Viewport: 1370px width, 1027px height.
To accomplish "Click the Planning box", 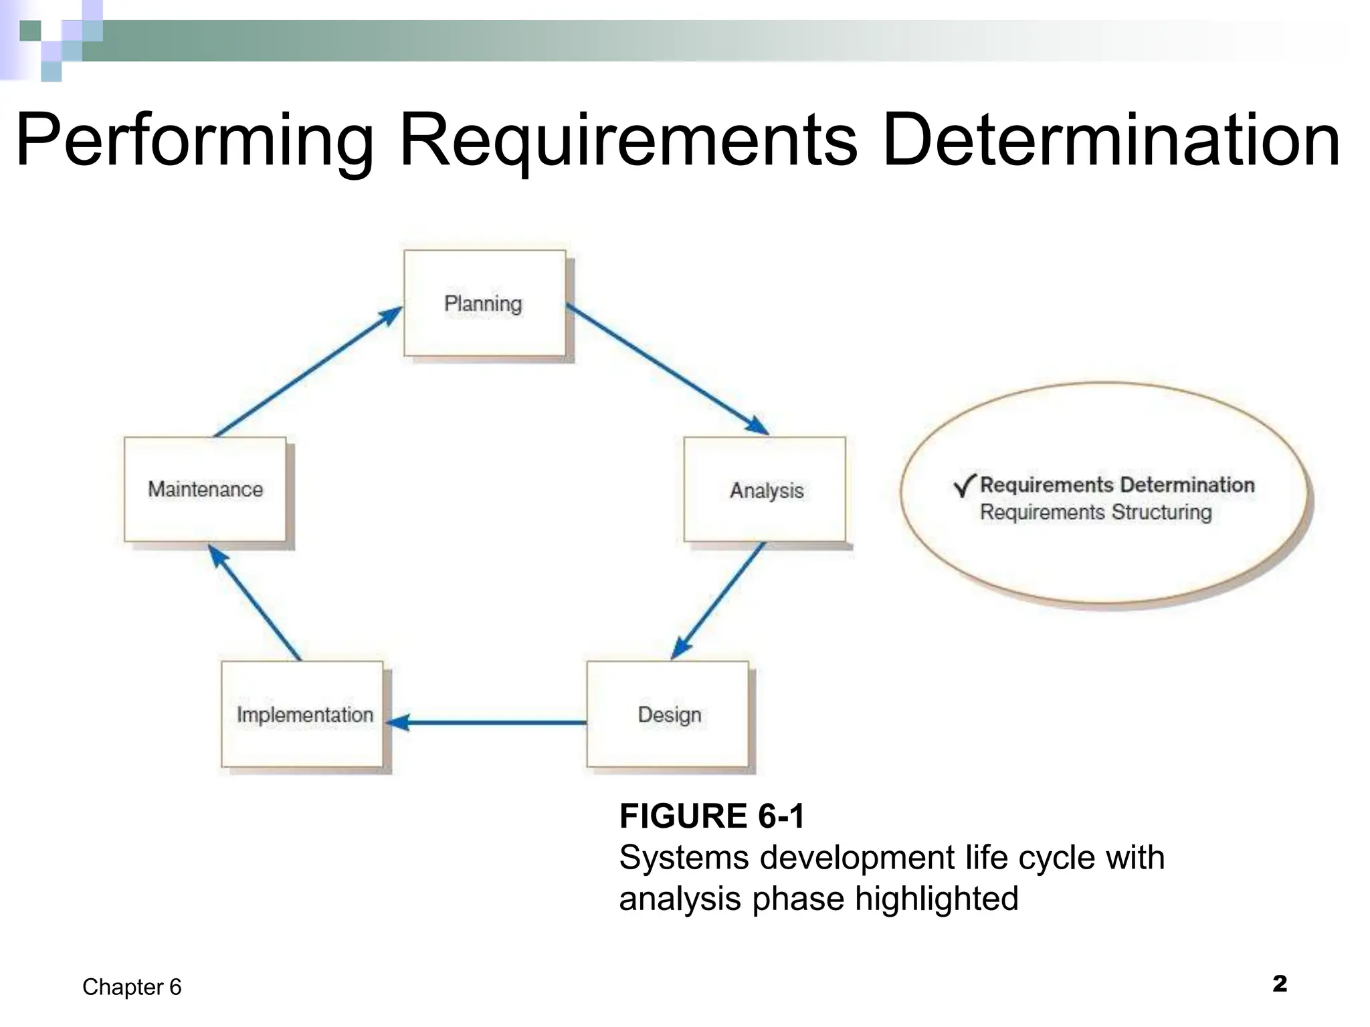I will point(484,303).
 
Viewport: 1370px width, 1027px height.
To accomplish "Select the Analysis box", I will point(765,489).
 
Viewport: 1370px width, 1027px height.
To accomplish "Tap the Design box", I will point(668,714).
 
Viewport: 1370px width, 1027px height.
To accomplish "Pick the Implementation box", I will point(302,714).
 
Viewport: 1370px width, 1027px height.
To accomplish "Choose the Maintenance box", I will point(205,489).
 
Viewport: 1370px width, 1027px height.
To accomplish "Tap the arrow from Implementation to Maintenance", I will point(255,602).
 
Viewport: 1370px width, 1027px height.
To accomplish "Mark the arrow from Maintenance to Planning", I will point(308,372).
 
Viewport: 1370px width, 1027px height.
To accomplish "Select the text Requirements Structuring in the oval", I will point(1096,512).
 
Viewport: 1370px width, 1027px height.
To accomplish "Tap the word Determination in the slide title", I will point(1111,141).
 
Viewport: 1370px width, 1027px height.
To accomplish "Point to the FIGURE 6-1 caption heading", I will point(712,816).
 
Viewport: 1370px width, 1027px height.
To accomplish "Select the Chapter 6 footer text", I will point(132,987).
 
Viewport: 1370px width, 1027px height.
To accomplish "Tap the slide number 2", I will point(1279,984).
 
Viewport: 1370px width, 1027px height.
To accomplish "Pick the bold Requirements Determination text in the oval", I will point(1117,485).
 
